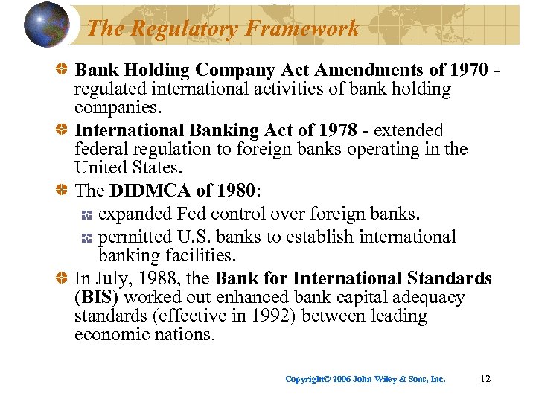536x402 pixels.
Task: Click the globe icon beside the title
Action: coord(47,25)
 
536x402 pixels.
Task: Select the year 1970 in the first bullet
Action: coord(469,70)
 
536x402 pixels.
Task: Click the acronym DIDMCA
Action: coord(145,191)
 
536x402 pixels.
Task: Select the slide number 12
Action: coord(485,379)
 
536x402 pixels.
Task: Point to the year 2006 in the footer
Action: coord(341,379)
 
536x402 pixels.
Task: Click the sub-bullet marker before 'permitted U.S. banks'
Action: coord(86,238)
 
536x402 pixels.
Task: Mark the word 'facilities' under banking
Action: coord(201,255)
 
